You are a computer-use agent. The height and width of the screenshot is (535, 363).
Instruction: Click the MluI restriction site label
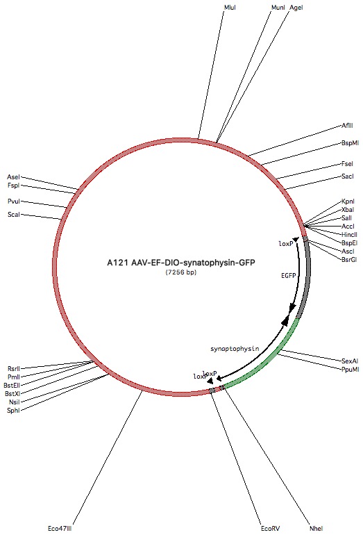click(230, 7)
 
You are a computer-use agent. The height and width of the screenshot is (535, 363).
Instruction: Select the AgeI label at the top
click(296, 7)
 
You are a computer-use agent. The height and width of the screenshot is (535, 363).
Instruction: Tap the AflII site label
click(347, 126)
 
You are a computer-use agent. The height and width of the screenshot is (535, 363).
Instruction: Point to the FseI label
click(347, 164)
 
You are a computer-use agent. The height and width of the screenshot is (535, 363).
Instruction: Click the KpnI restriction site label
click(348, 201)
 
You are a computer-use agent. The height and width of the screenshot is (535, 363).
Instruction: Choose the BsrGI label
click(349, 260)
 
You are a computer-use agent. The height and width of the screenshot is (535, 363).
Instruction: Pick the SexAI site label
click(350, 361)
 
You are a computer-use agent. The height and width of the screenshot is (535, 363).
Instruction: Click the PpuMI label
click(350, 369)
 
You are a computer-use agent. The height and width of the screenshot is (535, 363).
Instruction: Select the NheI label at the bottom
click(316, 529)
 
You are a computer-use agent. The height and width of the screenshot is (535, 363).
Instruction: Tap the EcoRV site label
click(270, 529)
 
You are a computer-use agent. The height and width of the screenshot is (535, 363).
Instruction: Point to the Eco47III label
click(60, 529)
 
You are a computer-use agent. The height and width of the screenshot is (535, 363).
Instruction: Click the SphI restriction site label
click(13, 411)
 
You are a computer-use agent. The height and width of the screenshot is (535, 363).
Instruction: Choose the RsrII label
click(14, 369)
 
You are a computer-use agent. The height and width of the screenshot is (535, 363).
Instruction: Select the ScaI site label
click(14, 215)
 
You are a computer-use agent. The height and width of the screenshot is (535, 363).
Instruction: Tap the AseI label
click(13, 177)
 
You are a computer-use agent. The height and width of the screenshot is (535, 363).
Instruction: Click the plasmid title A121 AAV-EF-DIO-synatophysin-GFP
click(181, 263)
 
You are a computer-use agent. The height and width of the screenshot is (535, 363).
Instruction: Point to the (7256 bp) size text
click(181, 272)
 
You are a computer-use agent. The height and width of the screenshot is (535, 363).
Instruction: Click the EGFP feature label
click(288, 275)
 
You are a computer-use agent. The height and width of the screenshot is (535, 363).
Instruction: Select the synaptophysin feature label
click(235, 349)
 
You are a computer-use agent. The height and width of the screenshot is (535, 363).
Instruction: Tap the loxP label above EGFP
click(286, 244)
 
